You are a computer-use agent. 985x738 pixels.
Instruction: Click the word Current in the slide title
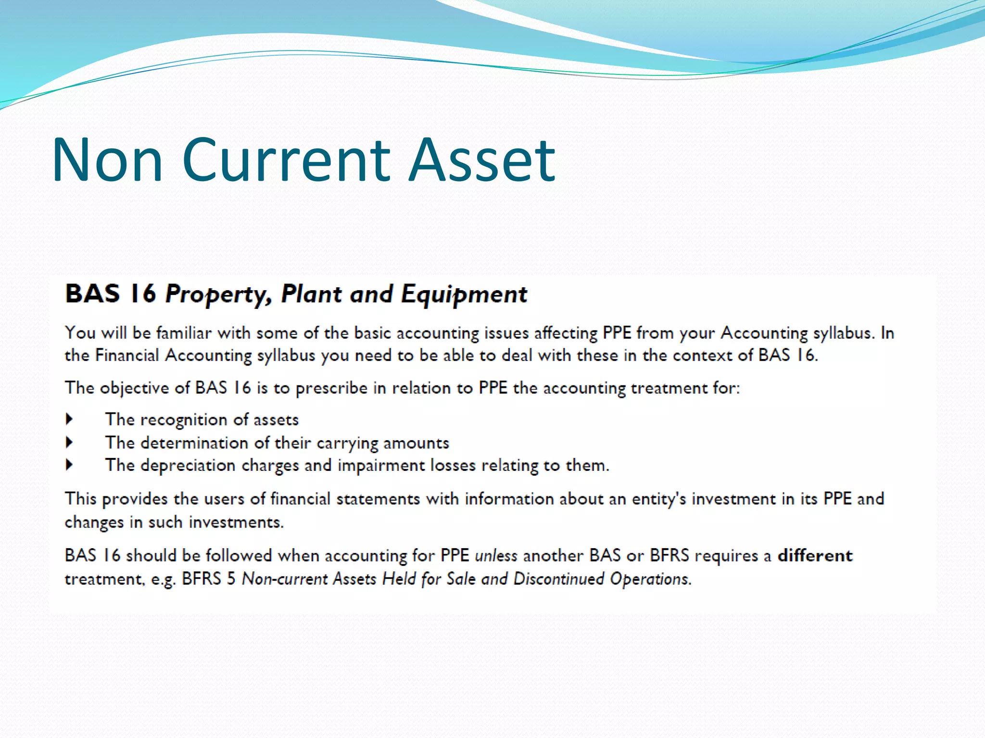point(286,160)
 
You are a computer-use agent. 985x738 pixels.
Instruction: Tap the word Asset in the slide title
point(482,160)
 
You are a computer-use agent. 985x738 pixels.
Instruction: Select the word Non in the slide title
point(107,160)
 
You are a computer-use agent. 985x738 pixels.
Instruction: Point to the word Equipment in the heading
point(464,294)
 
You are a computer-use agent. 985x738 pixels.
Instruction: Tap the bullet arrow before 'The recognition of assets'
point(70,419)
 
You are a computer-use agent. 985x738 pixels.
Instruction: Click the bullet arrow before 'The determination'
point(70,442)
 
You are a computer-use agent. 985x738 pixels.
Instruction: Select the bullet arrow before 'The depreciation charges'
point(70,465)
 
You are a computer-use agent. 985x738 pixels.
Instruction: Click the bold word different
point(815,555)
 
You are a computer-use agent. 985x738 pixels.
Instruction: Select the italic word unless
point(496,556)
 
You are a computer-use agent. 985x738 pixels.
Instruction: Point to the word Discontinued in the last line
point(558,578)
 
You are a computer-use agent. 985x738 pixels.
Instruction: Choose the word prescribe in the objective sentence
point(331,388)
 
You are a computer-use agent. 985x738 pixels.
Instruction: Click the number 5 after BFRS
point(231,578)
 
